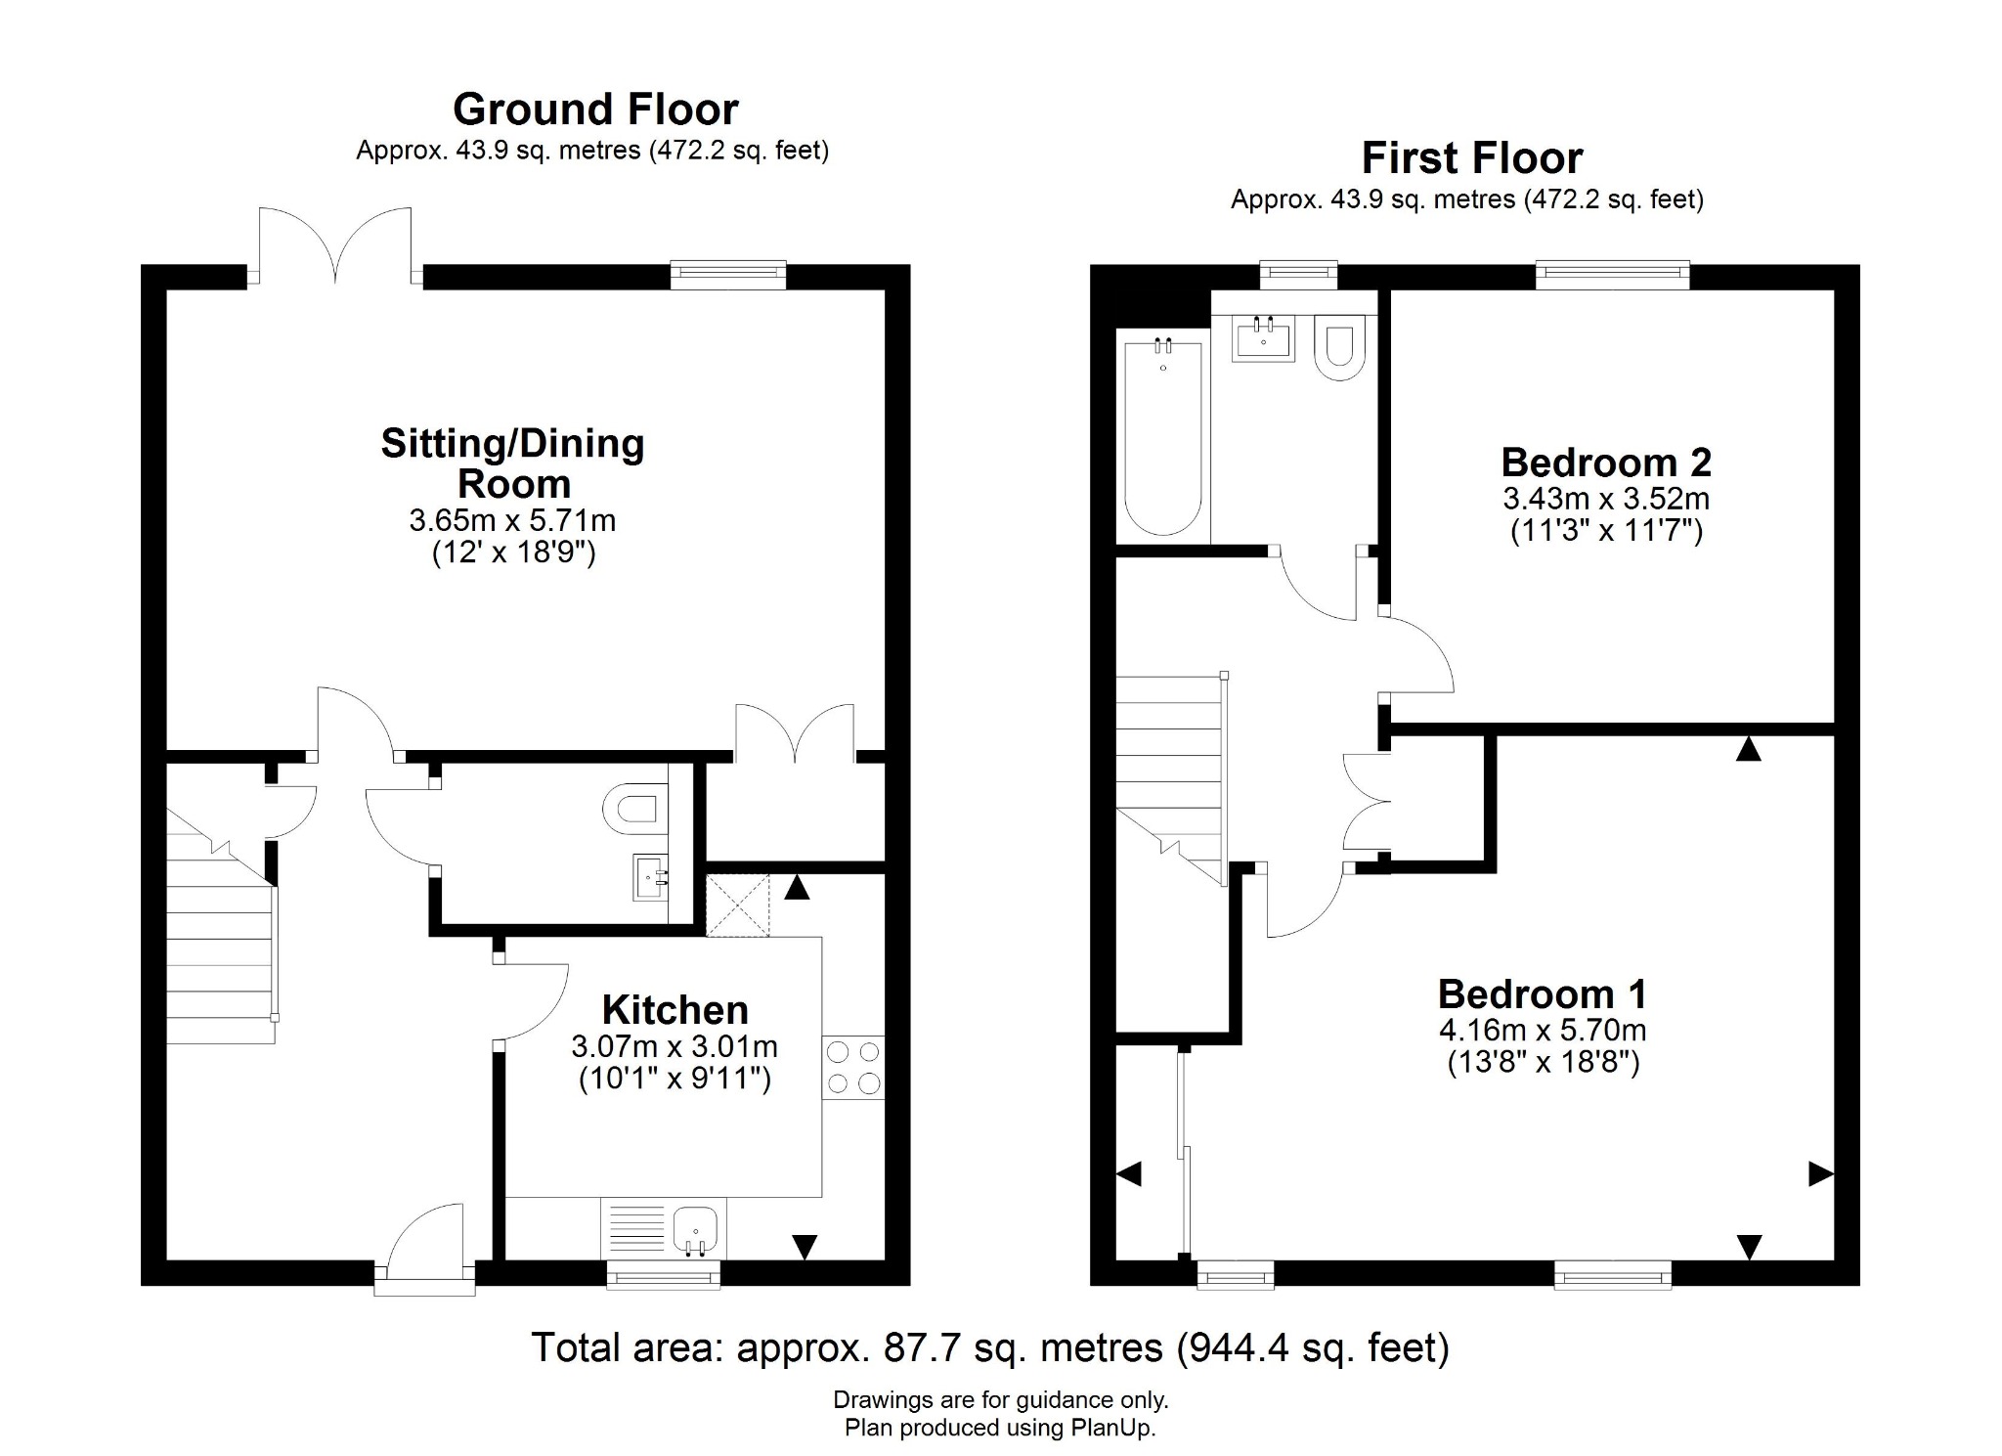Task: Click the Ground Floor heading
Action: coord(595,110)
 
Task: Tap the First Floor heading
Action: coord(1471,158)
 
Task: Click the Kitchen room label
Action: coord(675,1010)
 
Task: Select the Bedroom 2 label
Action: coord(1606,463)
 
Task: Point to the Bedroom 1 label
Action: coord(1543,994)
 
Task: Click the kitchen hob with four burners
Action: coord(853,1067)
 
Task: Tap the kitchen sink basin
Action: coord(695,1226)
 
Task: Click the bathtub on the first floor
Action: coord(1162,435)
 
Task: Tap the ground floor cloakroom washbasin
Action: coord(650,876)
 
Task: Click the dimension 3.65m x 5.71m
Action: coord(512,520)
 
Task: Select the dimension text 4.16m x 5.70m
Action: coord(1543,1030)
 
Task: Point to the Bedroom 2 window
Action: coord(1612,275)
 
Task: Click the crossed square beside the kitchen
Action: coord(738,905)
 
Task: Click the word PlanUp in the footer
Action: coord(1112,1428)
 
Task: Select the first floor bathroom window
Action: coord(1298,275)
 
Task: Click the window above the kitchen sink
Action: coord(664,1274)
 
